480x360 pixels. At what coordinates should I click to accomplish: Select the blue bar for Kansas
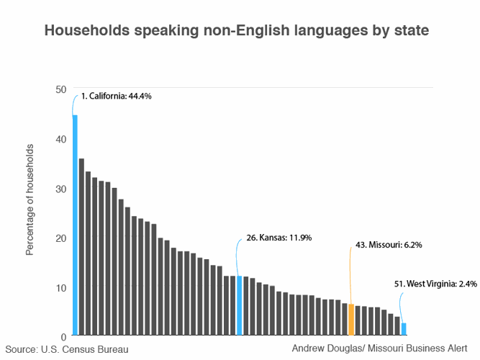(x=239, y=305)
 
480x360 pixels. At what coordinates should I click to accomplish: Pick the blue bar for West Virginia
(x=404, y=329)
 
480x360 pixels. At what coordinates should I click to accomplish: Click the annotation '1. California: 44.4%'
(x=116, y=95)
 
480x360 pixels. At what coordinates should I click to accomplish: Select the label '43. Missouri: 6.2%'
(x=389, y=245)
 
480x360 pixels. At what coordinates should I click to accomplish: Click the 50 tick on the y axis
(x=60, y=89)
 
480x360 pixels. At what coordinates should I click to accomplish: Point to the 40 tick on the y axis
(x=60, y=139)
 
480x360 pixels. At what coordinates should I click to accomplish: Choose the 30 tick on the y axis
(x=60, y=189)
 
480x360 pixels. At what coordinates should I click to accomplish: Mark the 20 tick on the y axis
(x=60, y=238)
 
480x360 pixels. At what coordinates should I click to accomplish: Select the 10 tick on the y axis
(x=60, y=287)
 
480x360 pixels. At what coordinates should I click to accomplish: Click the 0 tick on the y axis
(x=63, y=336)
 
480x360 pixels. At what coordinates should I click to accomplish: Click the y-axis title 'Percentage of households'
(x=30, y=200)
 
